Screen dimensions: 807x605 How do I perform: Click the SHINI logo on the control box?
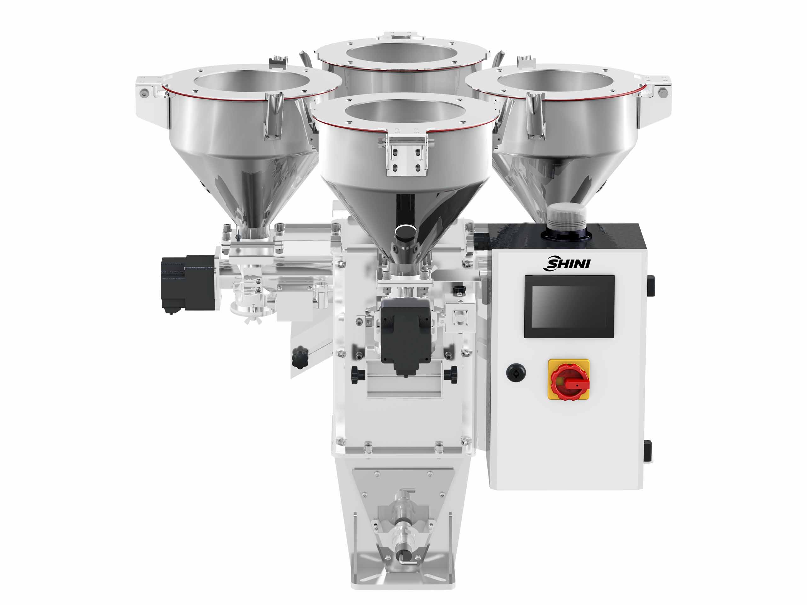pyautogui.click(x=566, y=263)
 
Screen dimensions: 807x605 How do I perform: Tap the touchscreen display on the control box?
pyautogui.click(x=569, y=306)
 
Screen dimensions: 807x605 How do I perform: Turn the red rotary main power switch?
pyautogui.click(x=569, y=380)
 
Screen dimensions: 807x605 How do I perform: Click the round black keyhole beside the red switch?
pyautogui.click(x=516, y=372)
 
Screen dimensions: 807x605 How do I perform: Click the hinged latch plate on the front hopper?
pyautogui.click(x=407, y=155)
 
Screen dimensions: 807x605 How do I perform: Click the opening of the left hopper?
pyautogui.click(x=252, y=81)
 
